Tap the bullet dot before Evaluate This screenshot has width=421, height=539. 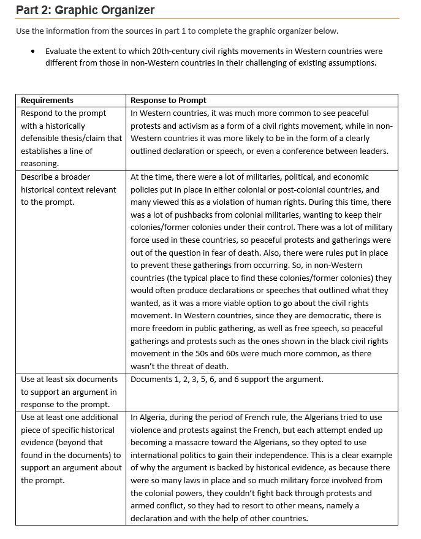point(32,52)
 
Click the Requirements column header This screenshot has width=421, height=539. point(47,101)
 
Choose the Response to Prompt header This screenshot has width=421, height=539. point(169,101)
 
